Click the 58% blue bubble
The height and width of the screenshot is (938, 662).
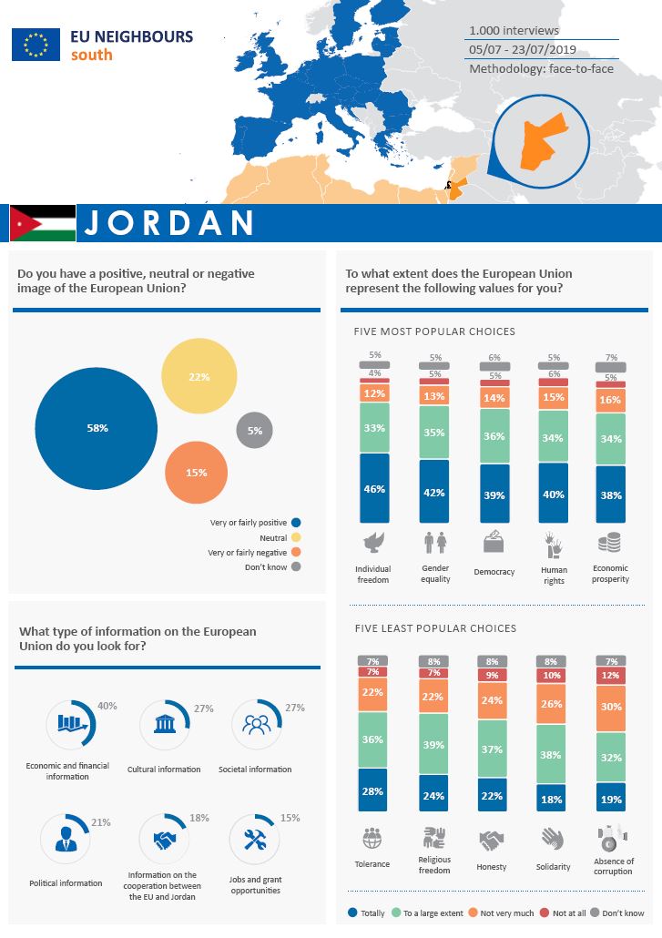pyautogui.click(x=97, y=428)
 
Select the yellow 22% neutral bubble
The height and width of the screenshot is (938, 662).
pyautogui.click(x=199, y=376)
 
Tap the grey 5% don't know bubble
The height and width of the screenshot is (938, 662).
pyautogui.click(x=254, y=431)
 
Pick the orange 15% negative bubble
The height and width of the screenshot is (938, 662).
pyautogui.click(x=196, y=472)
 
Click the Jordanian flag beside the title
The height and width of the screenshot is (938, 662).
pyautogui.click(x=43, y=223)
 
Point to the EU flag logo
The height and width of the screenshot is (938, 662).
pyautogui.click(x=36, y=44)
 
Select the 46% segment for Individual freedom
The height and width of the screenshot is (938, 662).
pyautogui.click(x=374, y=489)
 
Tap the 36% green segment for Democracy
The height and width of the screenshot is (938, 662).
pyautogui.click(x=494, y=436)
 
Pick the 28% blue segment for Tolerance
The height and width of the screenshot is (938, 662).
pyautogui.click(x=372, y=790)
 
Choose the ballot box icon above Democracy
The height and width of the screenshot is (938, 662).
pyautogui.click(x=494, y=543)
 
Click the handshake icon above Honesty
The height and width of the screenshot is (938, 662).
pyautogui.click(x=493, y=839)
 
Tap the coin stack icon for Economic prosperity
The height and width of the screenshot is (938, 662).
pyautogui.click(x=609, y=544)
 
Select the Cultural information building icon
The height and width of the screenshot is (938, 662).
pyautogui.click(x=165, y=725)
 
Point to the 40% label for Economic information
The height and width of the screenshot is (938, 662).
pyautogui.click(x=107, y=705)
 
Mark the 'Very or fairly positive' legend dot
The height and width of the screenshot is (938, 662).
pyautogui.click(x=296, y=523)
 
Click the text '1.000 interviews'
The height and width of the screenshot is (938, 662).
pyautogui.click(x=514, y=31)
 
